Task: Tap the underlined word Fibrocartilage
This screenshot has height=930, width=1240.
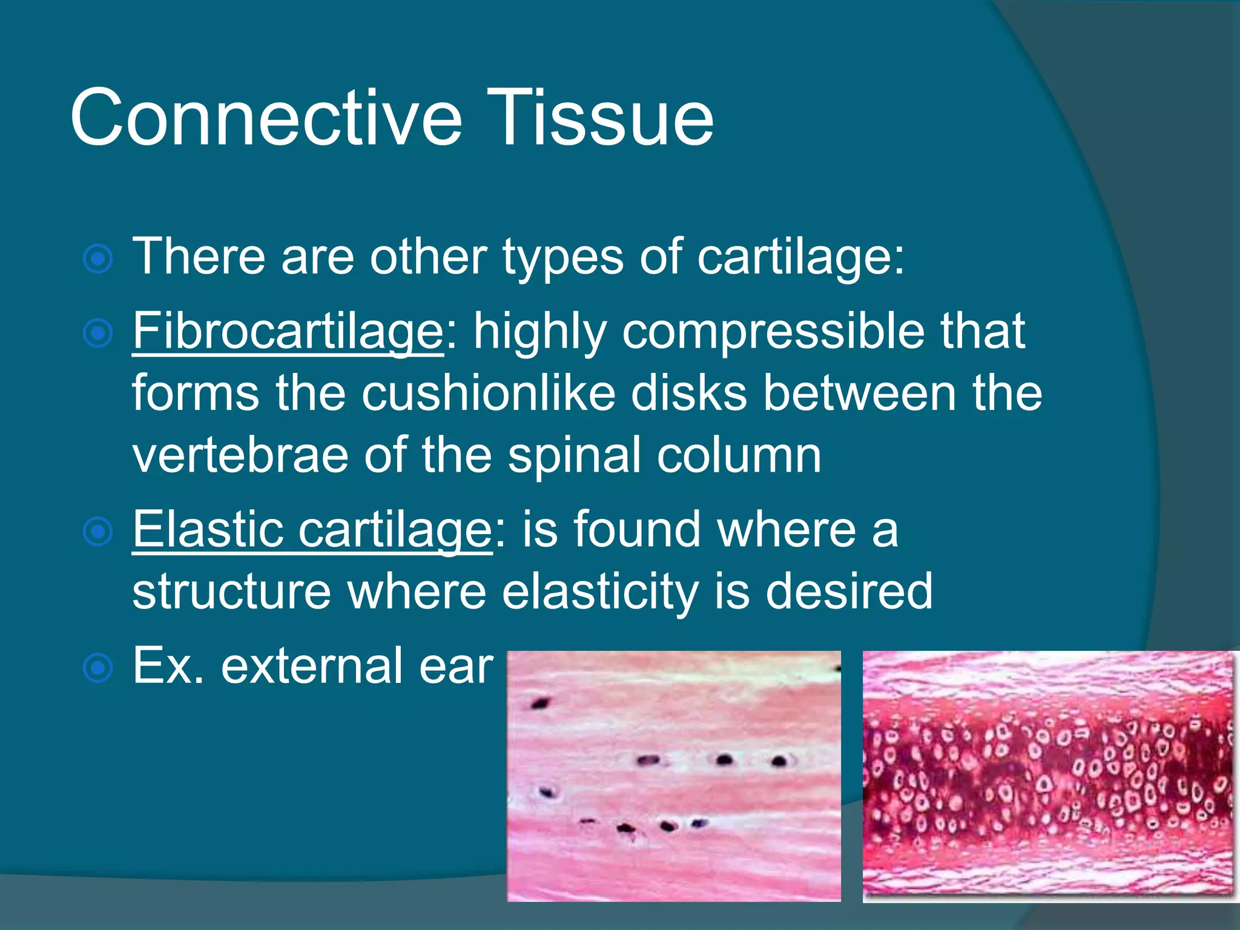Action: (288, 331)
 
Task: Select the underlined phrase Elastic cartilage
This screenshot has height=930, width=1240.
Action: (312, 530)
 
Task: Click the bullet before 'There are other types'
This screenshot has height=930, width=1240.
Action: (98, 259)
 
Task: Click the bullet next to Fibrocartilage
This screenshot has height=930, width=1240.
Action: (98, 334)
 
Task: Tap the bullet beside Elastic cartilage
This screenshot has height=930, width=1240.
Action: (98, 532)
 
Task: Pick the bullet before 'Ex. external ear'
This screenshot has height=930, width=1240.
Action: (98, 668)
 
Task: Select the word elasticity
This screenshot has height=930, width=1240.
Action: (599, 592)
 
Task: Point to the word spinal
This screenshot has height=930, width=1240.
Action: (575, 455)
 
